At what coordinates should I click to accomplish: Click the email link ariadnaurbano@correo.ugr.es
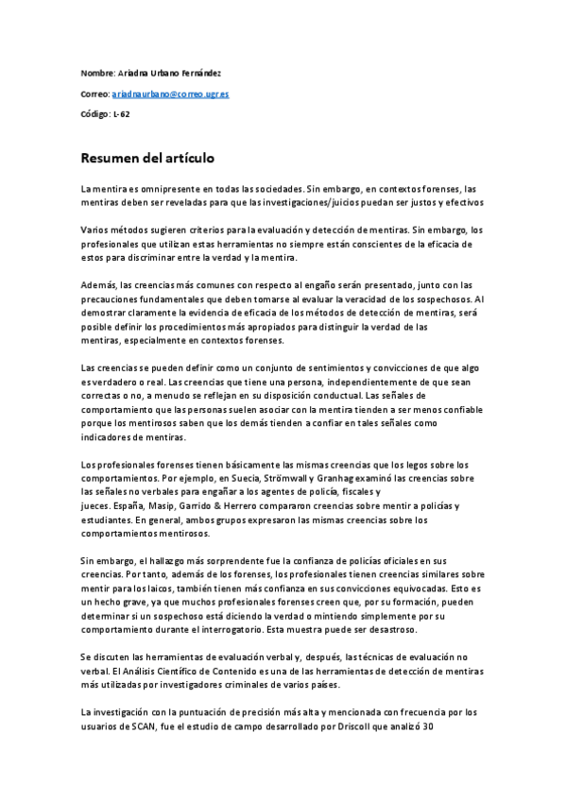tap(170, 94)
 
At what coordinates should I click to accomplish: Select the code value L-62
tap(121, 114)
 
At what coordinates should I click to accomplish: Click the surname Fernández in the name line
tap(204, 74)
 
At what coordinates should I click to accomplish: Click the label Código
tap(94, 114)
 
